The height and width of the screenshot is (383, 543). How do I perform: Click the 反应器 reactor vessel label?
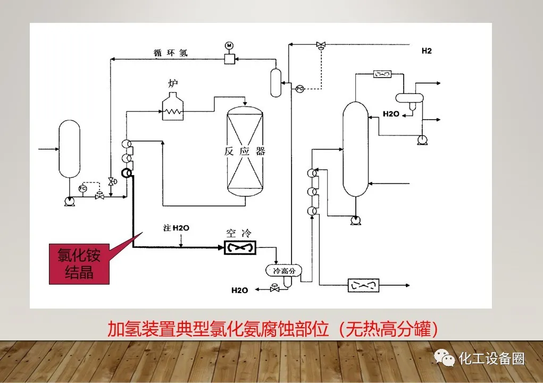tap(245, 151)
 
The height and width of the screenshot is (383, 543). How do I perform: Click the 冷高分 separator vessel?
tap(283, 271)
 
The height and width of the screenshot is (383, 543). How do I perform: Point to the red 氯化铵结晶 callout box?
tap(79, 264)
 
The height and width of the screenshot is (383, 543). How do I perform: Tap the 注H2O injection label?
tap(177, 228)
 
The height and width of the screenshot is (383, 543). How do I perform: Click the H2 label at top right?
tap(427, 51)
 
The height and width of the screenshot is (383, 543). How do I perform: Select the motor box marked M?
tap(229, 59)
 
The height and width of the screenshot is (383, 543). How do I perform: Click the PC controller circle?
tap(299, 88)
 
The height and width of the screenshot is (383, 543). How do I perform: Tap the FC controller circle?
tap(82, 188)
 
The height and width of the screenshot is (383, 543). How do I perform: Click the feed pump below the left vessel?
tap(69, 201)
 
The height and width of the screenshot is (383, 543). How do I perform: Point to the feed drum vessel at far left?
tap(69, 149)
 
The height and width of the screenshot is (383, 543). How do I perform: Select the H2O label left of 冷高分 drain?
tap(239, 290)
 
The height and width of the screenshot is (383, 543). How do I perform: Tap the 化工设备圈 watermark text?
tap(491, 359)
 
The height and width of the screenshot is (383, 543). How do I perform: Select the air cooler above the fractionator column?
tap(383, 73)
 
